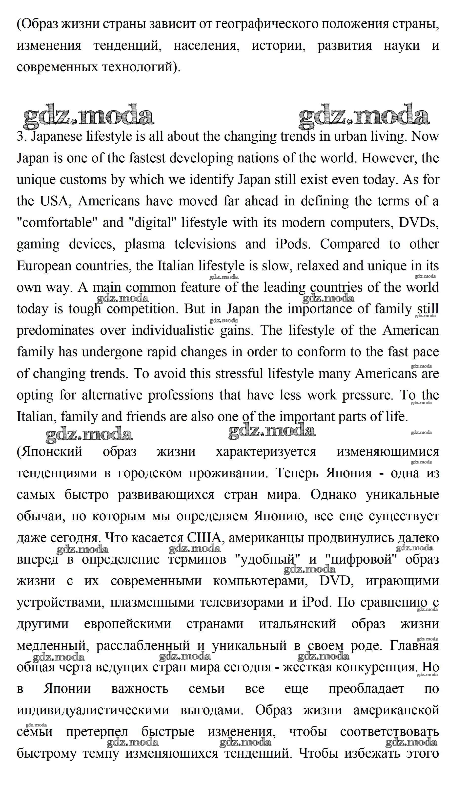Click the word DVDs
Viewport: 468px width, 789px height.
click(419, 223)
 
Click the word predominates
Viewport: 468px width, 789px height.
click(55, 330)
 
